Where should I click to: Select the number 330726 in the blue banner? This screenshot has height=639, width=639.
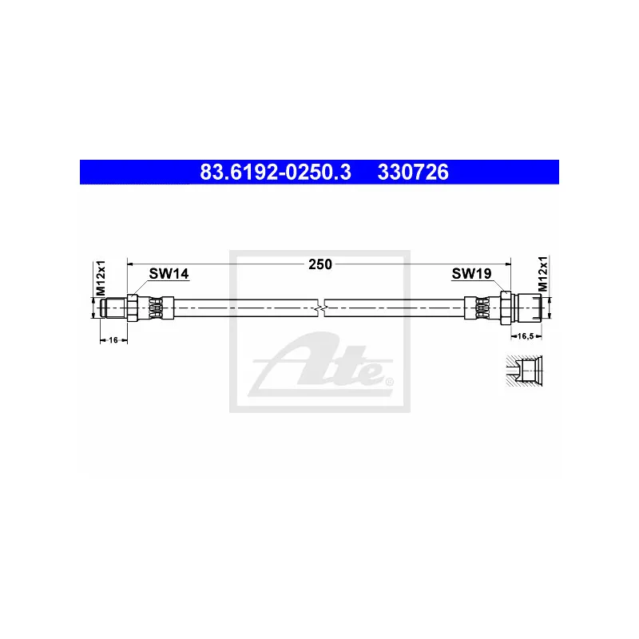[x=413, y=172]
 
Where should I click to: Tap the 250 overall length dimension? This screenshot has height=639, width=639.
[x=320, y=264]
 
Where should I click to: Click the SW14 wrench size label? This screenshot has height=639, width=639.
[x=169, y=274]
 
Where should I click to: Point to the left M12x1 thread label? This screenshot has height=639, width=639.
[x=101, y=277]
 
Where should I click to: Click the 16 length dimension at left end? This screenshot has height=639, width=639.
[x=113, y=339]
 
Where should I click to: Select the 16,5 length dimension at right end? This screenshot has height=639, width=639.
[x=526, y=336]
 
